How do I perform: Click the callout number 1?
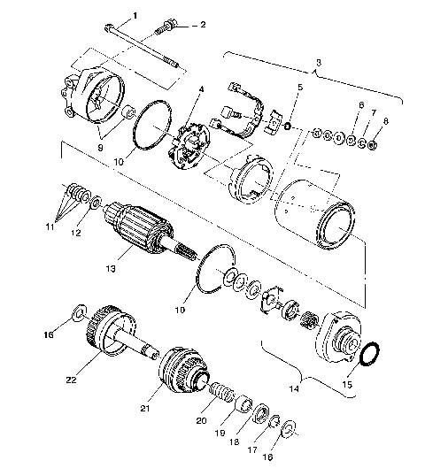tap(135, 15)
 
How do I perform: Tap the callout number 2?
tap(202, 25)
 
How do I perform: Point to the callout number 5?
tap(301, 88)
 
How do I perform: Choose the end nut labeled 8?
tap(374, 142)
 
